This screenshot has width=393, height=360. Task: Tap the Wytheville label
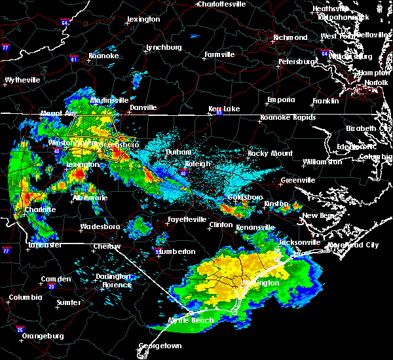point(22,80)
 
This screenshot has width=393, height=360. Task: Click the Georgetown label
point(160,345)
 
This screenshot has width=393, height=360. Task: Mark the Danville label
point(143,107)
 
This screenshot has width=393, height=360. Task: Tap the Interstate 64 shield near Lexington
point(65,22)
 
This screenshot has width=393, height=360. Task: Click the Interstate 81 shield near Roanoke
point(73,59)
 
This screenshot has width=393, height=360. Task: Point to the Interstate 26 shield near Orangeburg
point(20,329)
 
